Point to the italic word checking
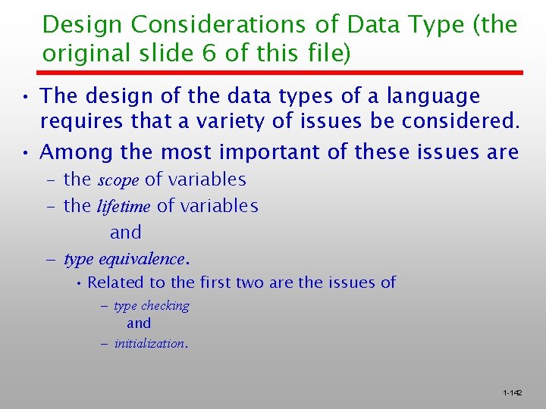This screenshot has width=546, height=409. pyautogui.click(x=165, y=306)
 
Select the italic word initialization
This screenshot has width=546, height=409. pyautogui.click(x=150, y=343)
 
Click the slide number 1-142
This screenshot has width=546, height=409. pyautogui.click(x=512, y=393)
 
